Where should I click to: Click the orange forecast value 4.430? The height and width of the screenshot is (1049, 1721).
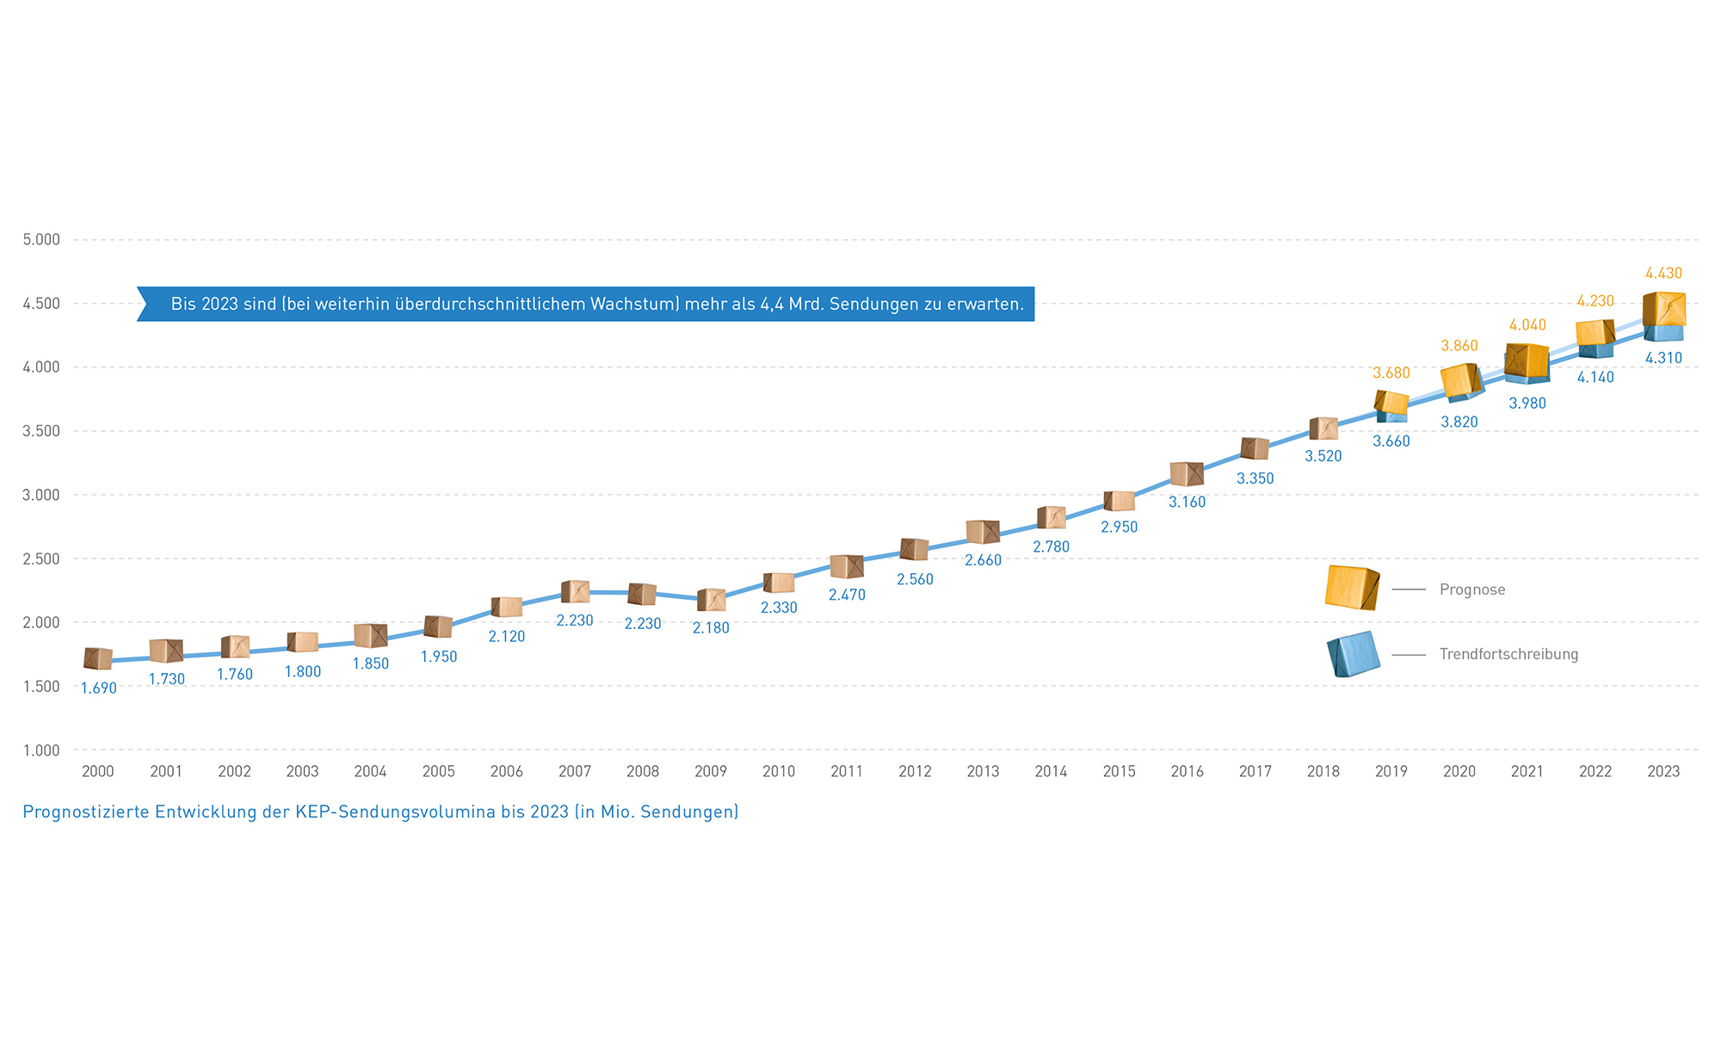pyautogui.click(x=1663, y=274)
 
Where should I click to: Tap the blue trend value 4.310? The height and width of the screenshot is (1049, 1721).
pyautogui.click(x=1663, y=358)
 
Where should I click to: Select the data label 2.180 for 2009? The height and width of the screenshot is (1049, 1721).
pyautogui.click(x=711, y=628)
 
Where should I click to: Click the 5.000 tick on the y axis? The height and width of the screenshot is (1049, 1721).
pyautogui.click(x=41, y=239)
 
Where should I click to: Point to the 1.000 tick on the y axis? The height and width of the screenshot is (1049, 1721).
pyautogui.click(x=41, y=750)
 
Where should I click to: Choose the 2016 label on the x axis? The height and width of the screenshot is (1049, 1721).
pyautogui.click(x=1187, y=772)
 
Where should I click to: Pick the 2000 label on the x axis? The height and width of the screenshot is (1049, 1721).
pyautogui.click(x=98, y=772)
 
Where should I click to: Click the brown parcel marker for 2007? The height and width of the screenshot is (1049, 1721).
pyautogui.click(x=575, y=591)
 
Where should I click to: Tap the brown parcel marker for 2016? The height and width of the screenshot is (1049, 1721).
pyautogui.click(x=1187, y=473)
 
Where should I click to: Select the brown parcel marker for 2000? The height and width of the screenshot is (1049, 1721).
pyautogui.click(x=98, y=658)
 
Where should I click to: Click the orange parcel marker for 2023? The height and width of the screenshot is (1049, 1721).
pyautogui.click(x=1664, y=308)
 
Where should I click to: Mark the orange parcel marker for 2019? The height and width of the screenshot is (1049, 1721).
pyautogui.click(x=1391, y=402)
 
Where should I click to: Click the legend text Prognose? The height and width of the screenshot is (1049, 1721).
pyautogui.click(x=1472, y=589)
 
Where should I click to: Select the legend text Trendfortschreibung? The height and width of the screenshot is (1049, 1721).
pyautogui.click(x=1508, y=654)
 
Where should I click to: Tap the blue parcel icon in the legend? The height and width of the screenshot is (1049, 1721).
pyautogui.click(x=1354, y=654)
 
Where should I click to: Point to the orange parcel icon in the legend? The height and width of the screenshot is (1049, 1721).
pyautogui.click(x=1353, y=588)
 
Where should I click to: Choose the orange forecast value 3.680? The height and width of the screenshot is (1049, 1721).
pyautogui.click(x=1391, y=373)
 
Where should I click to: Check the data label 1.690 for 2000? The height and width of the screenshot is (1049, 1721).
pyautogui.click(x=99, y=688)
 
